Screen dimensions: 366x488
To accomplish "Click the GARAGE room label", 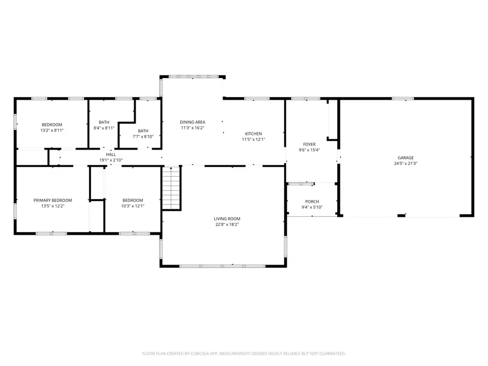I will tap(406, 157).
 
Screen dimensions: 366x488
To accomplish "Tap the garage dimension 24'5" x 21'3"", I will tap(406, 163).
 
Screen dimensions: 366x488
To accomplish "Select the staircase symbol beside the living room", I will tap(171, 188).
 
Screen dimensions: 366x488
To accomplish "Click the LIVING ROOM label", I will tap(227, 219).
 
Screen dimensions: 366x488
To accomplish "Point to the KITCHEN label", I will tap(253, 133).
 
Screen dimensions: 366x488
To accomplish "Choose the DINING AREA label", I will tap(192, 122).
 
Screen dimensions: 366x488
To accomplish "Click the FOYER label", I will tap(310, 144).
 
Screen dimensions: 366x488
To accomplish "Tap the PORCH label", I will tap(312, 201).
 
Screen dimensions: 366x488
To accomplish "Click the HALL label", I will tap(111, 155).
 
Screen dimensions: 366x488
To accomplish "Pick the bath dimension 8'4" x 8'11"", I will tap(104, 128).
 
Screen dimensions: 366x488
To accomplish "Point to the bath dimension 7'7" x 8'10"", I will tap(143, 137).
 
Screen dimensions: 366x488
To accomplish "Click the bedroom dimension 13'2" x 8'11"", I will tap(52, 130).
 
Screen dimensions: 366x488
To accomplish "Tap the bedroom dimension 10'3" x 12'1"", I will tap(133, 206).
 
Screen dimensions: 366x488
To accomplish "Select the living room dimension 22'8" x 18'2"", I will tap(227, 224).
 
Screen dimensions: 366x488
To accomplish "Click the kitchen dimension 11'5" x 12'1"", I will tap(253, 139).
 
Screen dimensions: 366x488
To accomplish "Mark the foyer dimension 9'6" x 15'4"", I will tap(310, 150).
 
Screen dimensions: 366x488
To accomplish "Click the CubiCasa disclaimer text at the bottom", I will tap(244, 354).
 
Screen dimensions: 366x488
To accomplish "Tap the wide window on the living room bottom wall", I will tap(222, 266).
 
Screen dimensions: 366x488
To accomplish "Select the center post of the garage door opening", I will tap(401, 216).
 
